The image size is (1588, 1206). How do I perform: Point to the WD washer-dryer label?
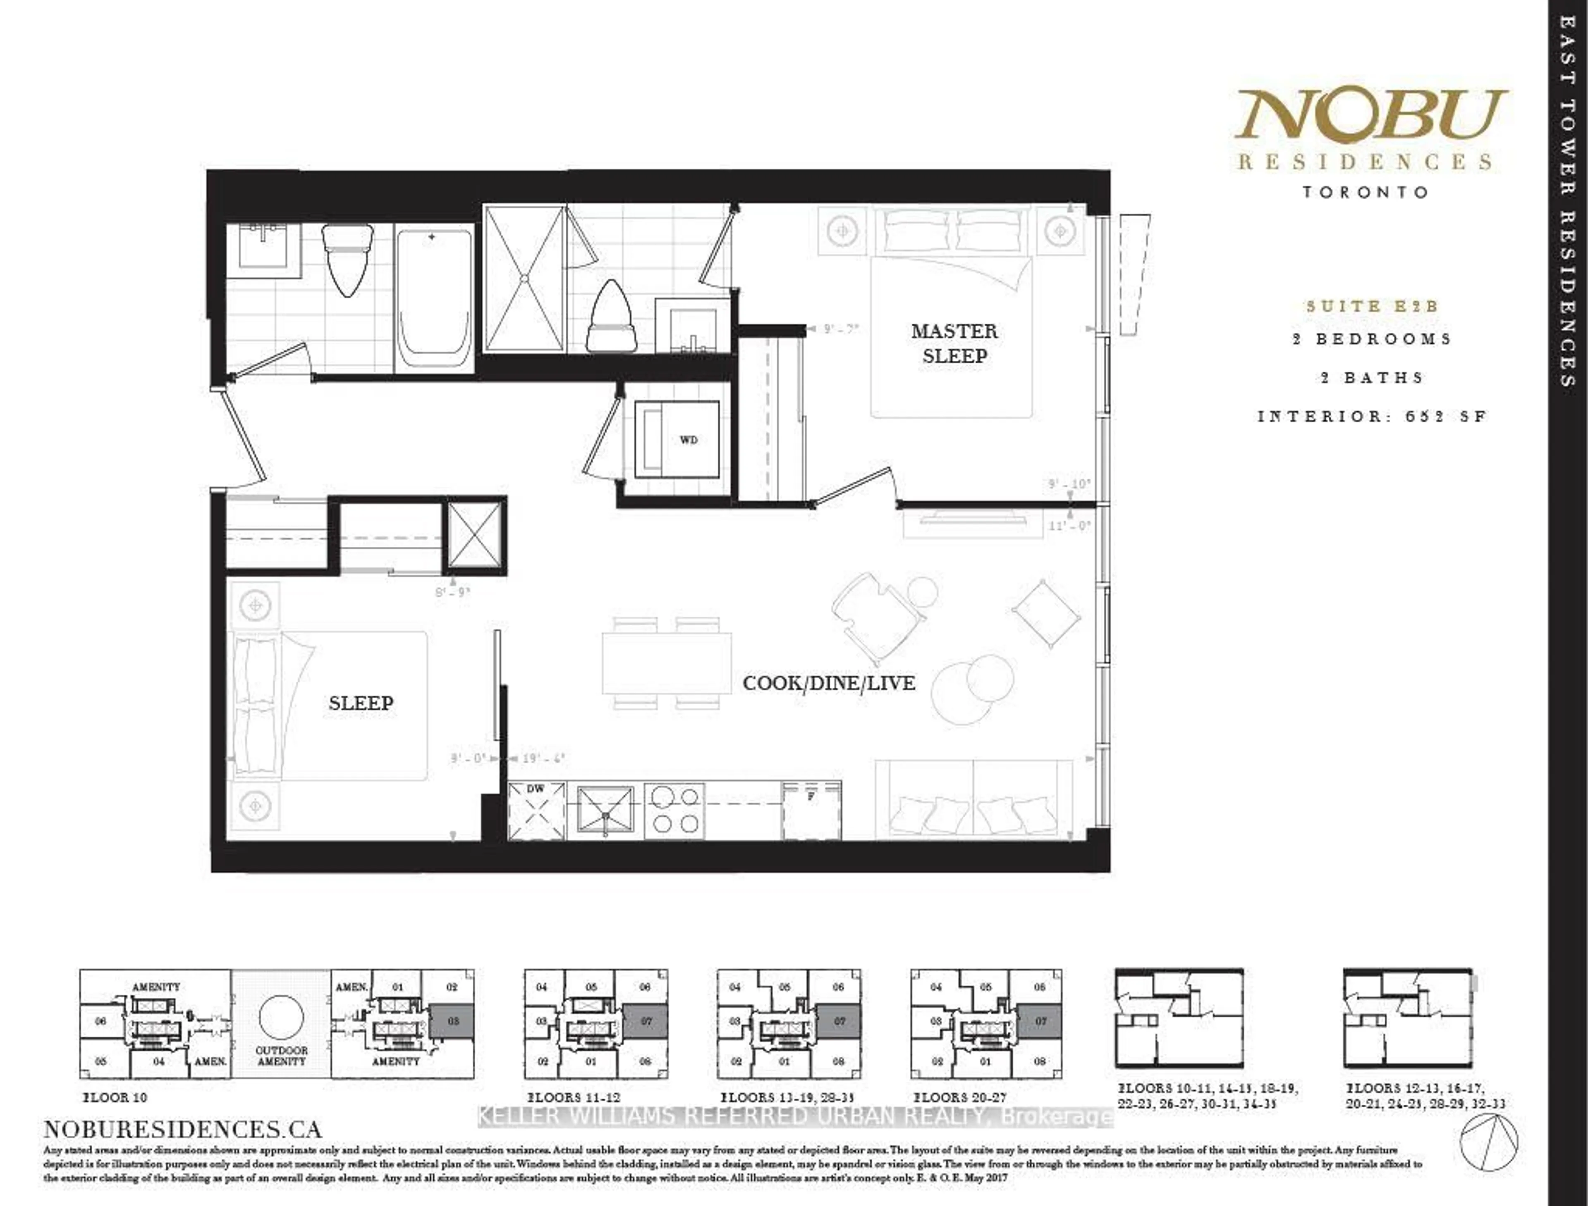pos(688,440)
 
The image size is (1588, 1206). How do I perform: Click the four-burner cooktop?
pos(674,810)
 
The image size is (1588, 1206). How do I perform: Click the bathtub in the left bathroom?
pos(434,300)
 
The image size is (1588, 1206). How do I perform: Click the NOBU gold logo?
pos(1370,115)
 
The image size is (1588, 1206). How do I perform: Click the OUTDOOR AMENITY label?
pos(282,1055)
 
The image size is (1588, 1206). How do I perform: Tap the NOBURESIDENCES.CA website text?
pos(183,1129)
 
